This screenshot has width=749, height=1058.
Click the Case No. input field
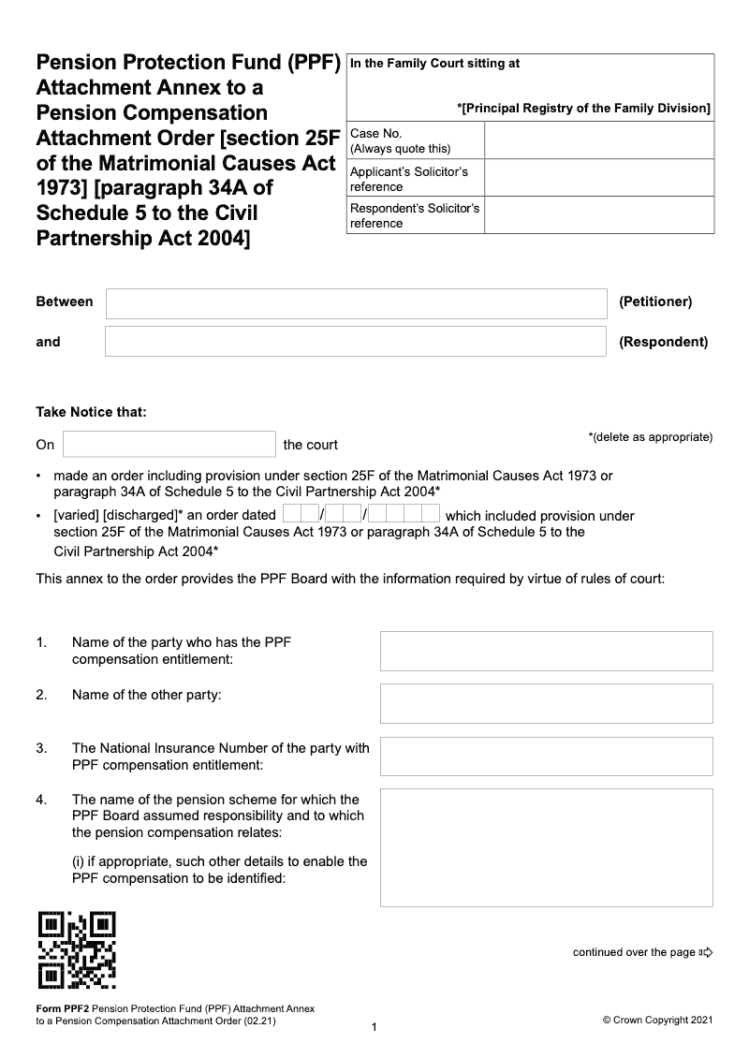599,140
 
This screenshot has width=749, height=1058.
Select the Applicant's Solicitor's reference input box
599,178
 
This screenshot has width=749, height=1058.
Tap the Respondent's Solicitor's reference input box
599,214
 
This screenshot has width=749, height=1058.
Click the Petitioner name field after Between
356,303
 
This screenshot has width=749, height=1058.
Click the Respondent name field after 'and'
356,342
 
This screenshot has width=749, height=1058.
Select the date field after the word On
169,444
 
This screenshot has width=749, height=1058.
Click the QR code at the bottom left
77,949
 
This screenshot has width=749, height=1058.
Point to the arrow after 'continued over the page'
706,953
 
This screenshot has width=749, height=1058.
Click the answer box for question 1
546,651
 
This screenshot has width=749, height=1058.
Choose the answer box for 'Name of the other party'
546,703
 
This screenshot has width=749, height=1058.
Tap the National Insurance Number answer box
546,756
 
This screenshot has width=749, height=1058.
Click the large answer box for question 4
546,847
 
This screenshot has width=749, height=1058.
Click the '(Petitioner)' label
655,301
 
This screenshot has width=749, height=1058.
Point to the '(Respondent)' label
663,342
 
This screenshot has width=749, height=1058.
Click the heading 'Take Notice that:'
91,412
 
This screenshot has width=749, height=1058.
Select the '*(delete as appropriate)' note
650,437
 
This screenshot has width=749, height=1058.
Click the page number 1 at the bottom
374,1028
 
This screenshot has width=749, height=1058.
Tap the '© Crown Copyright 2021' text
657,1021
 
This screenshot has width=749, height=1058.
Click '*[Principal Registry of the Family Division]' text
583,109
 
